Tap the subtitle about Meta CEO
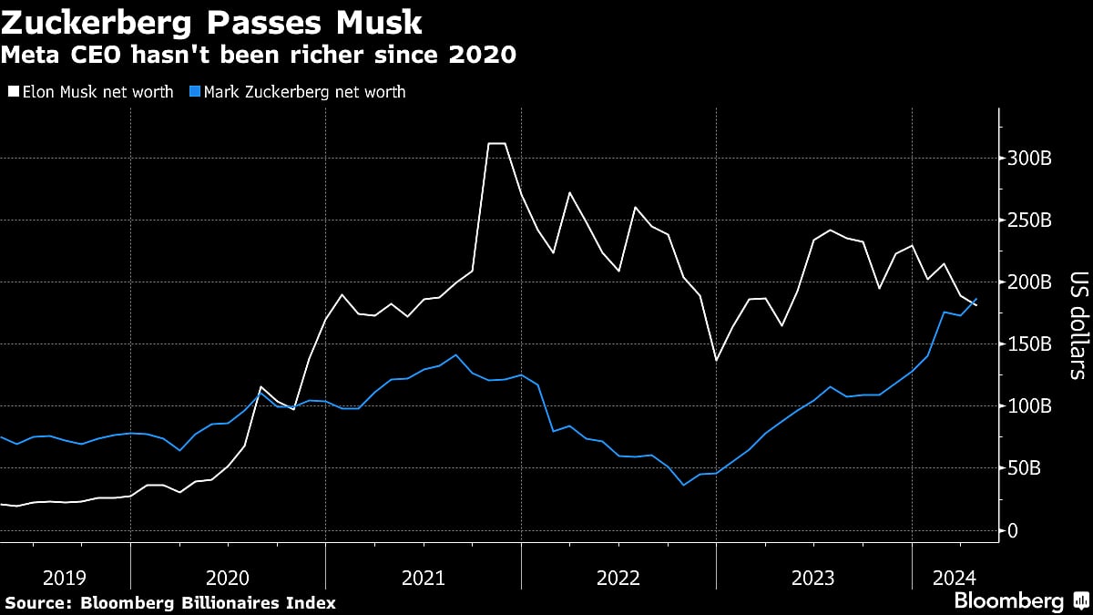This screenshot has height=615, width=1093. pyautogui.click(x=259, y=56)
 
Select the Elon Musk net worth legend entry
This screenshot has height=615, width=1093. pyautogui.click(x=91, y=92)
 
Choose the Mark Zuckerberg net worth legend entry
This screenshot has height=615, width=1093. pyautogui.click(x=297, y=92)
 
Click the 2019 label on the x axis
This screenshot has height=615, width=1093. pyautogui.click(x=65, y=577)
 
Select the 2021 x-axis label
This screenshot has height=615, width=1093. pyautogui.click(x=423, y=577)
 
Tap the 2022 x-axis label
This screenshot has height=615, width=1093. pyautogui.click(x=618, y=577)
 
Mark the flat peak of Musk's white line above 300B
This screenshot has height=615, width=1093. pyautogui.click(x=497, y=143)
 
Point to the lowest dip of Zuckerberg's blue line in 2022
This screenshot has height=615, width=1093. pyautogui.click(x=683, y=485)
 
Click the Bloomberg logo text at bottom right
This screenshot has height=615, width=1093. pyautogui.click(x=1008, y=601)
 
